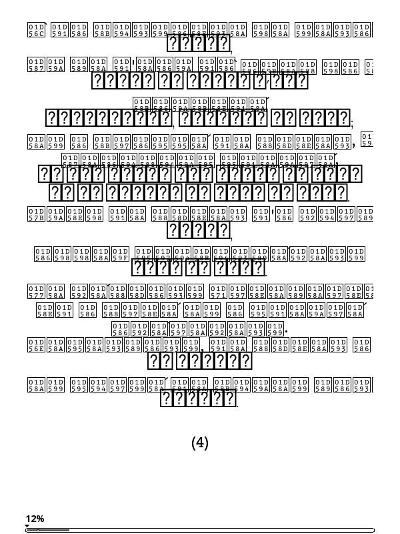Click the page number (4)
[200, 443]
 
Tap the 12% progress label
[35, 519]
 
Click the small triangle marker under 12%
[27, 526]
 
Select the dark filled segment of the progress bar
[53, 530]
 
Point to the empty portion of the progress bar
[220, 530]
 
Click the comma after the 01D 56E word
[203, 348]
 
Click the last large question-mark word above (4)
[199, 398]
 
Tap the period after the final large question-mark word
[238, 404]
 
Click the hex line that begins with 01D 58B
[200, 103]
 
